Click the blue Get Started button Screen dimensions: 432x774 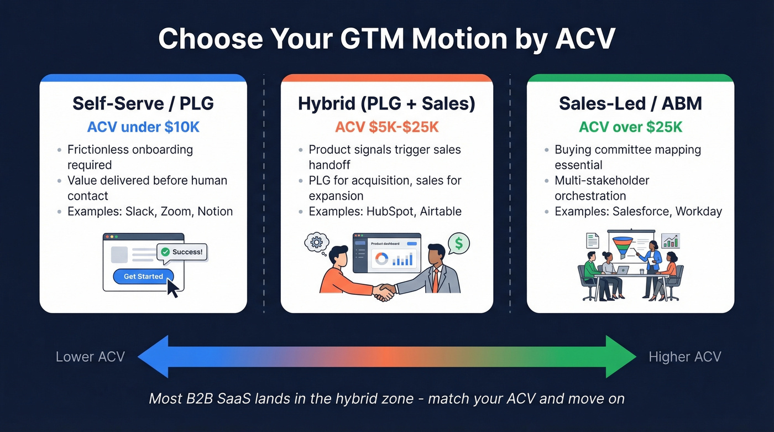point(143,276)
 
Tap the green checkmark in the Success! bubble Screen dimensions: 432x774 point(165,252)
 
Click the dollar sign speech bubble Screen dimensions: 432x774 point(459,243)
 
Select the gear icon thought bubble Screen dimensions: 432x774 point(317,242)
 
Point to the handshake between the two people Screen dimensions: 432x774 point(383,292)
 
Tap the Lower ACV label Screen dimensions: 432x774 point(90,357)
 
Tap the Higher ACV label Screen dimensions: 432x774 point(684,357)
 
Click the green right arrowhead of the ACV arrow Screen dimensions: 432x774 point(619,357)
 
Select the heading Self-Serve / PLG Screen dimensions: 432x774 point(143,103)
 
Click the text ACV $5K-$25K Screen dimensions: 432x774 point(386,127)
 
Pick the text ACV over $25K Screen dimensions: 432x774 point(630,127)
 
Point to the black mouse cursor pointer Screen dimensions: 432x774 point(172,287)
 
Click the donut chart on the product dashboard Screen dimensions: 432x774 point(381,258)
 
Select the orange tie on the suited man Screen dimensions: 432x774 point(436,280)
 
